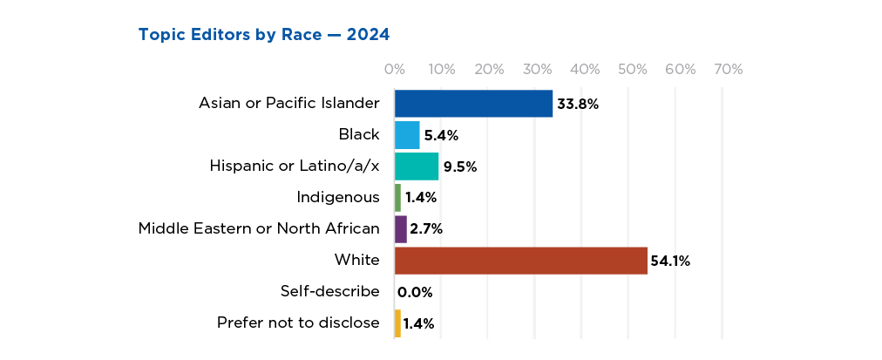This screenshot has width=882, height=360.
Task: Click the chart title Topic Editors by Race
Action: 263,35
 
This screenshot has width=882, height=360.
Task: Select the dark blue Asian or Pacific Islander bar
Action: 473,104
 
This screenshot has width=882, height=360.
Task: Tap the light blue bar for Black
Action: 407,135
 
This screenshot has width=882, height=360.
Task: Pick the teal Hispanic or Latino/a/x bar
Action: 417,166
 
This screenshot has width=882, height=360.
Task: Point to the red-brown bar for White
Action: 521,261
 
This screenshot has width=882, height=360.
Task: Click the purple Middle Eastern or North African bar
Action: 401,229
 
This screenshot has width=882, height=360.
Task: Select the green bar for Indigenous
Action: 398,198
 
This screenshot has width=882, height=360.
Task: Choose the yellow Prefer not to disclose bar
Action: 398,323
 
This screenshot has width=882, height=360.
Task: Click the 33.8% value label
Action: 579,105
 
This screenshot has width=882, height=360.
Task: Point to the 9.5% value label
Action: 460,166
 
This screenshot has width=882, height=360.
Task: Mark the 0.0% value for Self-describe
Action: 415,292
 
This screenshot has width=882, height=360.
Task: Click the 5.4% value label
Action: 441,135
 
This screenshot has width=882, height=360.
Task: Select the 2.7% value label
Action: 426,229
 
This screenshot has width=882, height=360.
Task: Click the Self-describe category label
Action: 330,291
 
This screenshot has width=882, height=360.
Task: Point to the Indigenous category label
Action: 338,197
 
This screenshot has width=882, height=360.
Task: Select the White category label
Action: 357,260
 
